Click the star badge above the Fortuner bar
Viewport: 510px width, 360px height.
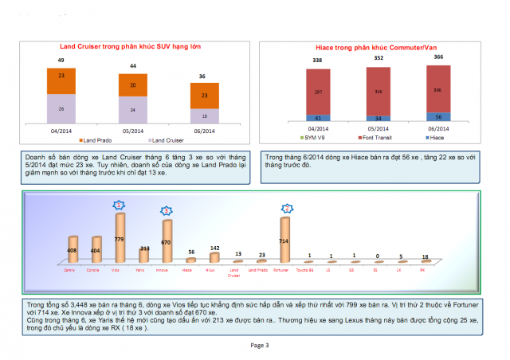tap(285, 208)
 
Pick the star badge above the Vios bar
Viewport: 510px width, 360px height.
tap(120, 205)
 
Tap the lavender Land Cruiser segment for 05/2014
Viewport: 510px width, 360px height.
tap(133, 110)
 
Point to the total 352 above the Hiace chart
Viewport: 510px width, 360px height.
tap(379, 58)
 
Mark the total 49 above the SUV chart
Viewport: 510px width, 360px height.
tap(61, 61)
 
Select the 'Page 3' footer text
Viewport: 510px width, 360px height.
tap(260, 345)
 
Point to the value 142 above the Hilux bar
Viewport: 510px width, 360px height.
tap(214, 248)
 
